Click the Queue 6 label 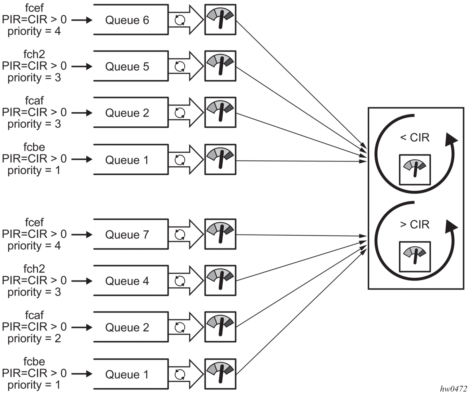coord(127,20)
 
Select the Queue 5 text coord(127,66)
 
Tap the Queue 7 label coord(127,235)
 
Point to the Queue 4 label coord(127,281)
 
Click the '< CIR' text coord(415,137)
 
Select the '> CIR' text coord(415,224)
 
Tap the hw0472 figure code coord(453,389)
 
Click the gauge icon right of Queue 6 coord(220,20)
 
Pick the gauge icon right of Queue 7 coord(220,234)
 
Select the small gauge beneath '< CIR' coord(415,170)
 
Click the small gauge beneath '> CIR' coord(415,257)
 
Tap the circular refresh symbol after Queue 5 coord(180,66)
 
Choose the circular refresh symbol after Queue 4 coord(180,281)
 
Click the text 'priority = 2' coord(34,339)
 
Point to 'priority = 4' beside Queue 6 coord(34,31)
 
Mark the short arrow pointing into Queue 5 coord(82,66)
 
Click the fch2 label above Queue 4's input coord(34,269)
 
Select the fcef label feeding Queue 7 coord(34,222)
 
